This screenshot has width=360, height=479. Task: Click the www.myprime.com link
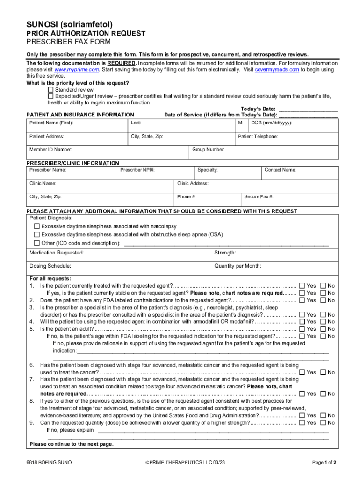tap(77, 69)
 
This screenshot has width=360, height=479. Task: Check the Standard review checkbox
tap(51, 89)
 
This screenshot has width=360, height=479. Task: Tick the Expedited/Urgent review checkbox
tap(51, 96)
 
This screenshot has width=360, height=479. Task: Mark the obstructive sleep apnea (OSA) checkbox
tap(37, 235)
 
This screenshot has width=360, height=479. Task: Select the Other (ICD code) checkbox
tap(37, 243)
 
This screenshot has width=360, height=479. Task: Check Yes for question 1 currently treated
tap(302, 286)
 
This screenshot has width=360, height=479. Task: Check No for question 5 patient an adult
tap(323, 329)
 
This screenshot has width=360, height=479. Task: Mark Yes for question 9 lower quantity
tap(302, 423)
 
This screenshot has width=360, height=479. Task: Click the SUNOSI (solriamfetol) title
tap(70, 23)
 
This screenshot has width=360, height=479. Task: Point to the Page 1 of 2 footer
tap(324, 463)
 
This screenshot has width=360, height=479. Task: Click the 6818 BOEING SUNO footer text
tap(49, 463)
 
